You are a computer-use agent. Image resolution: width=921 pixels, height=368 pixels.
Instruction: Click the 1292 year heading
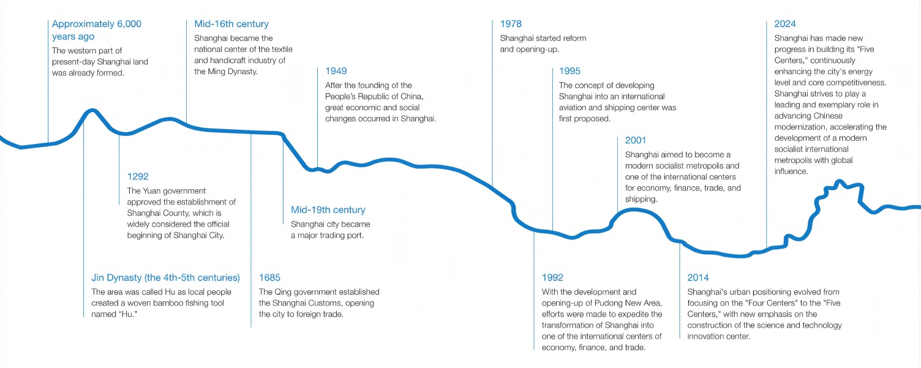138,176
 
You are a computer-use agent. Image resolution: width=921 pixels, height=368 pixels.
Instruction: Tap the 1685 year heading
269,277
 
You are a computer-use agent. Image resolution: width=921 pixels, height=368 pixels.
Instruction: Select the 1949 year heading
336,71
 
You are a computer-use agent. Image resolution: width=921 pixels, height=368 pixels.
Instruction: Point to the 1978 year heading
511,24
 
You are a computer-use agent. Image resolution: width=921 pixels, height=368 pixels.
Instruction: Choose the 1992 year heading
552,277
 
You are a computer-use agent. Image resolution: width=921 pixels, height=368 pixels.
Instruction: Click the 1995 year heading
570,71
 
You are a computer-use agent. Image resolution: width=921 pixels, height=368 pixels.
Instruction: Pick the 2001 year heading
636,140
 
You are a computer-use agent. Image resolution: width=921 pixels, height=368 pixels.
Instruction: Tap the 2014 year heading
698,277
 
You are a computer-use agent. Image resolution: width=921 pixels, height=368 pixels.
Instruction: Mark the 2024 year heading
785,24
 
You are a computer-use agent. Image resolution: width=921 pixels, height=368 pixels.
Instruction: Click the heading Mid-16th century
231,24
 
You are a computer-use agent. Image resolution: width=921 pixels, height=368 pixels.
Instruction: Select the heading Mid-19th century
328,210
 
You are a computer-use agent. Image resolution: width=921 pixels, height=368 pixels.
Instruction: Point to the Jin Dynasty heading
165,277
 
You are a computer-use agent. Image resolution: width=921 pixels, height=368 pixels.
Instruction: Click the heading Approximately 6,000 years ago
96,30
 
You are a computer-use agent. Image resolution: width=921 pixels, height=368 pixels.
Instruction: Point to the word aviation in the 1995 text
574,107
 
